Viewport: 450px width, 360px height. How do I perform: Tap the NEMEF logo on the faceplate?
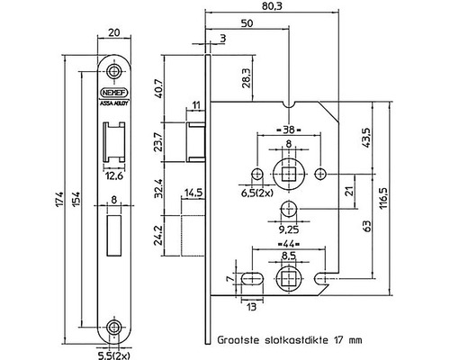tap(112, 91)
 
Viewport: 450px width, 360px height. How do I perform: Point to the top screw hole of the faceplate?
tap(112, 70)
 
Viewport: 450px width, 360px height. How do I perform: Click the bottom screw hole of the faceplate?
tap(112, 327)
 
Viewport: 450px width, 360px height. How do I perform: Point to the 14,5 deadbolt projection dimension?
tap(193, 192)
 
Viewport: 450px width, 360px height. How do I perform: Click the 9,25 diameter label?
tap(288, 229)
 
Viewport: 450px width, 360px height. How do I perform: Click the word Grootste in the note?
tap(238, 342)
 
